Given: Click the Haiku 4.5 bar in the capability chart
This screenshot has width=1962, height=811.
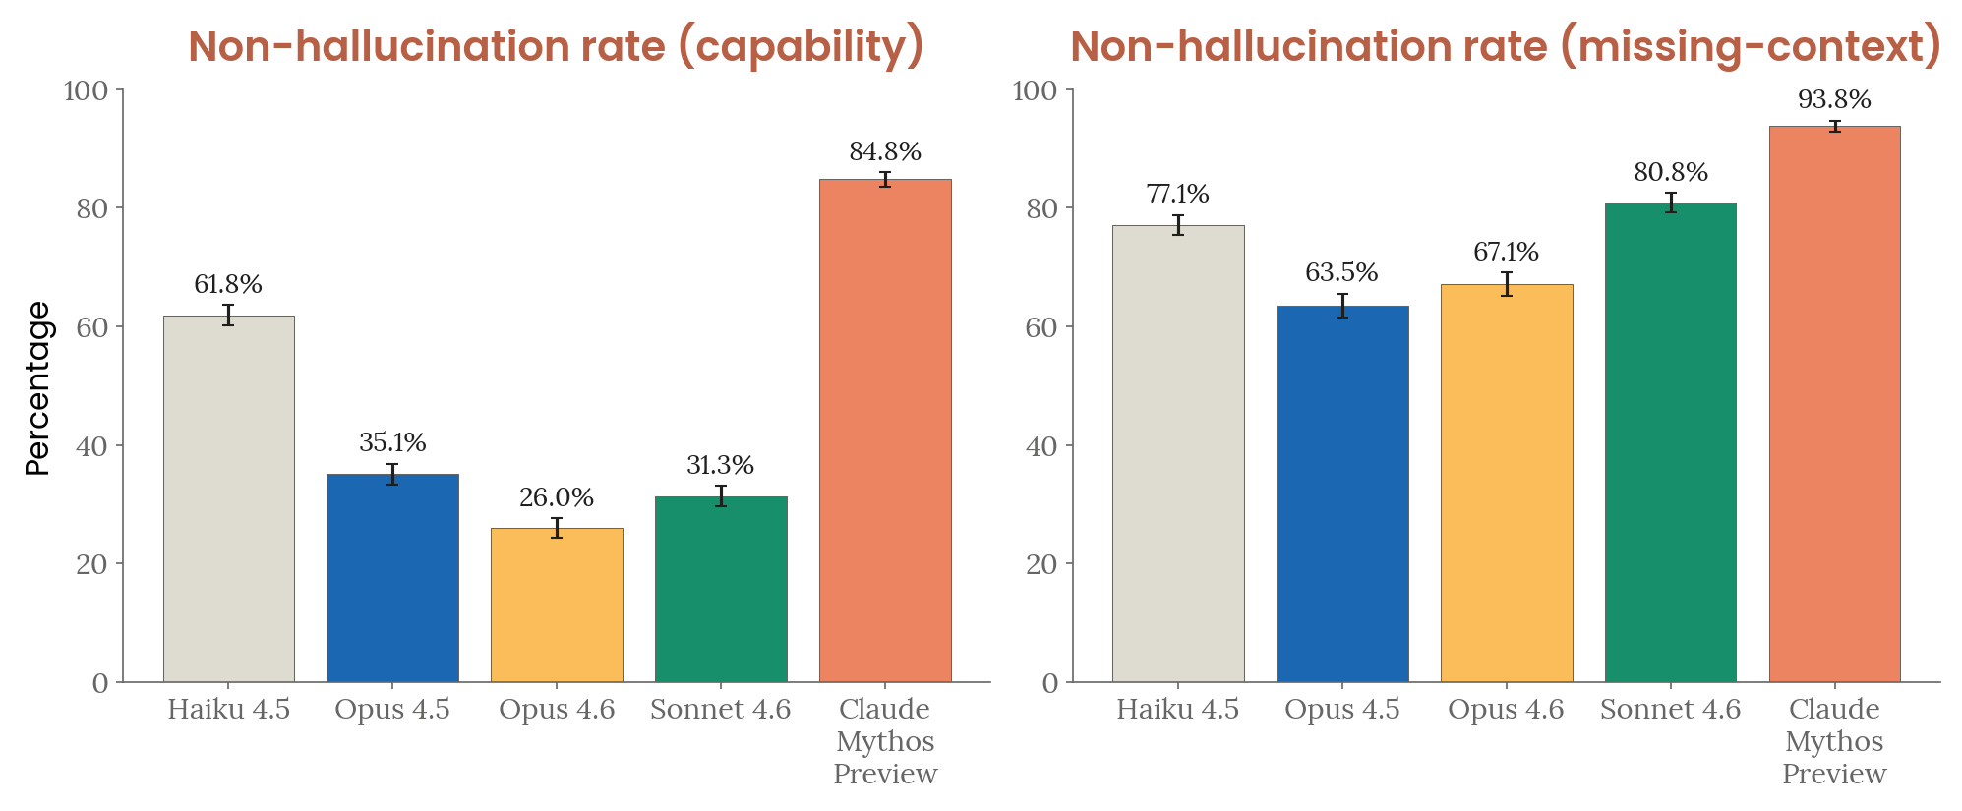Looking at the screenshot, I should click(228, 498).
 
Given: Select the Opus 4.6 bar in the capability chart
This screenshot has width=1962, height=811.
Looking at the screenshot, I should click(557, 605).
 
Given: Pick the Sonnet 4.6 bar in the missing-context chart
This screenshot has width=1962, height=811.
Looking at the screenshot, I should click(1670, 442).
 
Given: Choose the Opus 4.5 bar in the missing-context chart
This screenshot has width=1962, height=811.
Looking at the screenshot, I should click(1341, 493).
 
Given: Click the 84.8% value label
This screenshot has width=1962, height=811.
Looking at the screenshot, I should click(885, 152).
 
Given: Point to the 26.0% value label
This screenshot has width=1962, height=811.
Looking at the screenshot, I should click(557, 498).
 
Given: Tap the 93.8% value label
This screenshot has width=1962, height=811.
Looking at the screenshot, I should click(1834, 100).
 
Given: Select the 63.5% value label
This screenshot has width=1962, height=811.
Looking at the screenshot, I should click(1341, 273).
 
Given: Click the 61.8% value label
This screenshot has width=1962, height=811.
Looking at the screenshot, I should click(228, 285).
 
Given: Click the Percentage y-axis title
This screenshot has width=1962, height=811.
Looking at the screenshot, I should click(37, 388).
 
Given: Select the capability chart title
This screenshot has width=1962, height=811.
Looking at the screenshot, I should click(556, 46).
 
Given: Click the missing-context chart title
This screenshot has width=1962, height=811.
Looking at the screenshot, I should click(1505, 46).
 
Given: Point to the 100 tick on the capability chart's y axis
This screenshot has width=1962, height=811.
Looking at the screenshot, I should click(86, 91).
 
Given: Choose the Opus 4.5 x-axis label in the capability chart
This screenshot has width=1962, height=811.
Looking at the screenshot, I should click(392, 710).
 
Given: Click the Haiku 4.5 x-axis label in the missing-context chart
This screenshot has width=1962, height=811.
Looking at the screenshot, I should click(1177, 710).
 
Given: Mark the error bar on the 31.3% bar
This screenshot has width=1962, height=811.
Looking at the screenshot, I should click(721, 495).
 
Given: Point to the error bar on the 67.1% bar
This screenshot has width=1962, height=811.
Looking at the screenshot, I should click(1506, 284).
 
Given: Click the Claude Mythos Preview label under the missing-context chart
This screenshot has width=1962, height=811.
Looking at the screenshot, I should click(1834, 741).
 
